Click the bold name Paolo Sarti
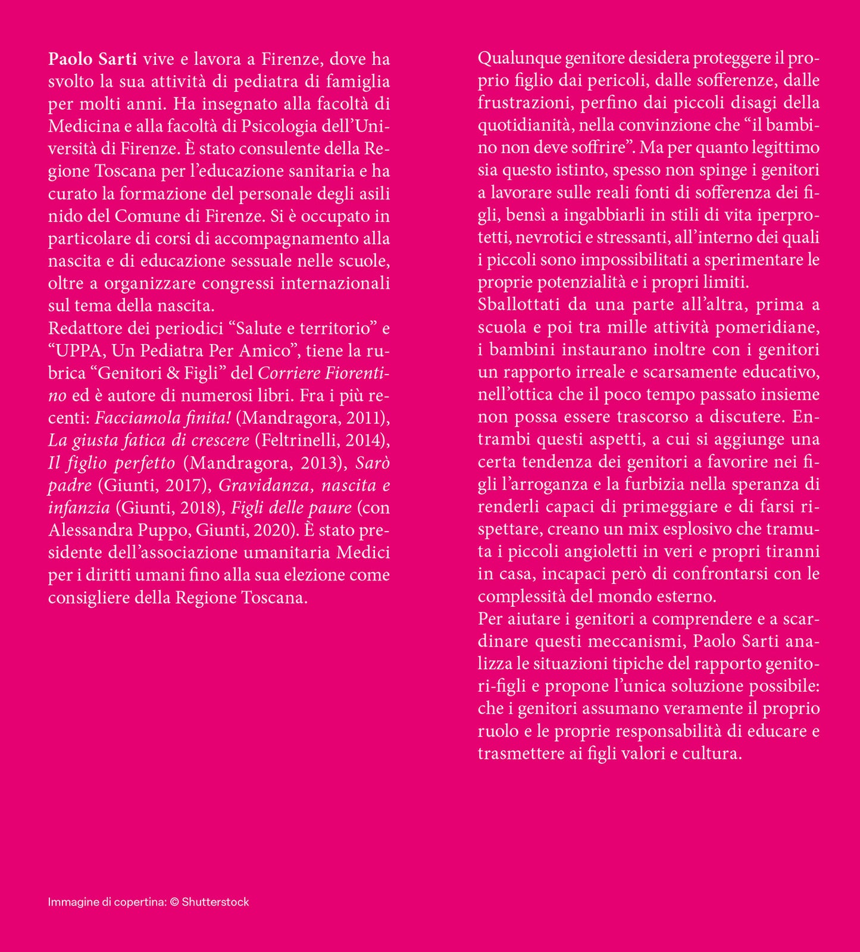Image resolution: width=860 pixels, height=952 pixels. coord(92,59)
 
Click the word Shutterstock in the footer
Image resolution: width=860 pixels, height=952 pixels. coord(215,902)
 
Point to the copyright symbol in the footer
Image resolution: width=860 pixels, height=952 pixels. coord(174,902)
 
